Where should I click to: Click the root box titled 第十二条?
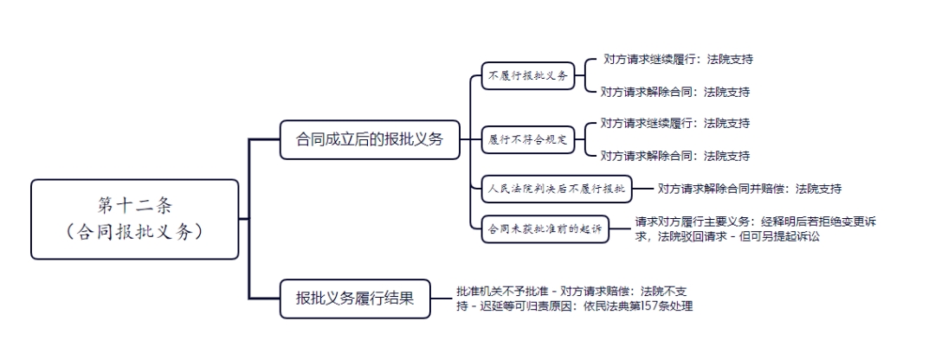pyautogui.click(x=135, y=219)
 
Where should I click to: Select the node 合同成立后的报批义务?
pyautogui.click(x=370, y=140)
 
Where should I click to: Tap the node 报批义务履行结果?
pyautogui.click(x=355, y=299)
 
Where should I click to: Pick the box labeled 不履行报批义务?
pyautogui.click(x=528, y=75)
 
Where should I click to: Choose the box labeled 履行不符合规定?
pyautogui.click(x=528, y=141)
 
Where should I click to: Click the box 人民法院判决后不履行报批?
pyautogui.click(x=557, y=189)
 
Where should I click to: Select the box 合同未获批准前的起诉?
pyautogui.click(x=545, y=228)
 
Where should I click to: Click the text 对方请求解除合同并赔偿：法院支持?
pyautogui.click(x=750, y=189)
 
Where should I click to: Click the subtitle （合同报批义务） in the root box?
pyautogui.click(x=135, y=232)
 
